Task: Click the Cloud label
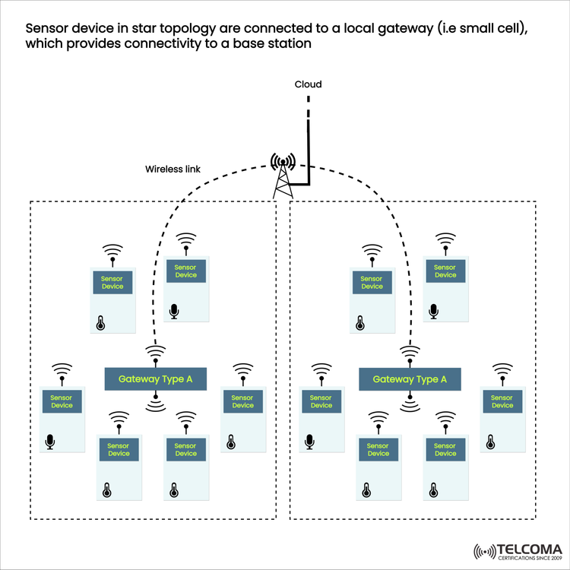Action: pyautogui.click(x=308, y=84)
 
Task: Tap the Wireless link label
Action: pyautogui.click(x=173, y=169)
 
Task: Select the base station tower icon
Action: pyautogui.click(x=283, y=174)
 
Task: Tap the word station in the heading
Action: pyautogui.click(x=287, y=44)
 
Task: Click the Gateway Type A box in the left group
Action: pyautogui.click(x=155, y=378)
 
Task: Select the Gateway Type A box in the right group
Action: pyautogui.click(x=410, y=378)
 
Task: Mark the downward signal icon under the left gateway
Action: pyautogui.click(x=155, y=401)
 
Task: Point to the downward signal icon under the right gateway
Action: pyautogui.click(x=410, y=401)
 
